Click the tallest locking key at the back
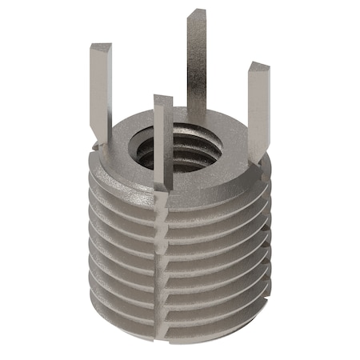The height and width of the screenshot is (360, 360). [196, 64]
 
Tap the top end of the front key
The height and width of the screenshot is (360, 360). [163, 101]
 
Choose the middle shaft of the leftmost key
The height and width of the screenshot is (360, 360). [100, 96]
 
